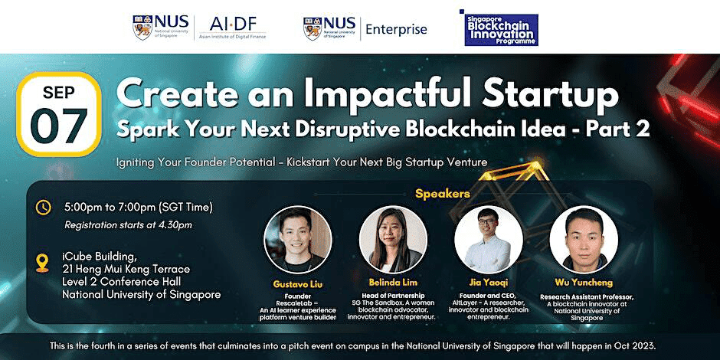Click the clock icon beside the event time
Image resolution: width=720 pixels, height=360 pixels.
[x=44, y=207]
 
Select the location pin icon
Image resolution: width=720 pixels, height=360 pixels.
[x=44, y=263]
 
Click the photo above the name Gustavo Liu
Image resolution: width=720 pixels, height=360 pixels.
[x=297, y=239]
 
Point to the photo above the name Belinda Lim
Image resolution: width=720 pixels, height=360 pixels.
[x=393, y=239]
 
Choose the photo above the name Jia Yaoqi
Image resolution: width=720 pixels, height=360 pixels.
[x=489, y=239]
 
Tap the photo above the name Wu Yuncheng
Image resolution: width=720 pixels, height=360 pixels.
[x=584, y=239]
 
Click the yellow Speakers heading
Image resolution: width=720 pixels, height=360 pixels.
[x=443, y=194]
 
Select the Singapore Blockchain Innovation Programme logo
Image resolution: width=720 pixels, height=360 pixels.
[x=498, y=28]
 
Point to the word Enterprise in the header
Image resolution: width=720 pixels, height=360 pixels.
[x=396, y=29]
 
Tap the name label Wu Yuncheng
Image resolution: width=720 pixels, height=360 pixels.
[x=584, y=283]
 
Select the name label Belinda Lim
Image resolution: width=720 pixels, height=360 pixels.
[x=393, y=283]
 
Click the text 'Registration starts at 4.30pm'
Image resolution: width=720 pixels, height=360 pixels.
[x=128, y=224]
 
